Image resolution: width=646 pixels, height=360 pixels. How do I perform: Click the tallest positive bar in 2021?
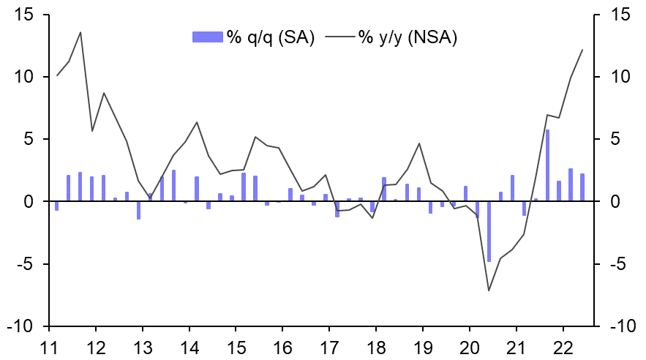(x=547, y=165)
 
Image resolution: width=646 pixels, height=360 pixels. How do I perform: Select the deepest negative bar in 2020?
(x=489, y=230)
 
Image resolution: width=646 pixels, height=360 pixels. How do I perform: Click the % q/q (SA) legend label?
(x=270, y=38)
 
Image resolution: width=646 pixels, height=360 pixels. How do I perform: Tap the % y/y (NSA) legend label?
(x=407, y=38)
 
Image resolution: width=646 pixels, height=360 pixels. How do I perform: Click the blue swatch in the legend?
(x=206, y=38)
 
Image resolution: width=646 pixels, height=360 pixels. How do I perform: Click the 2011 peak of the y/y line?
(x=80, y=32)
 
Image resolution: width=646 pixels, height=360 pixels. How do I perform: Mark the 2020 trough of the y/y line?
(x=489, y=290)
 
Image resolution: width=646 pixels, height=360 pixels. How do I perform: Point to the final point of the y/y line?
(x=582, y=50)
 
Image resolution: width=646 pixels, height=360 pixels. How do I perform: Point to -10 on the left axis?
(x=25, y=326)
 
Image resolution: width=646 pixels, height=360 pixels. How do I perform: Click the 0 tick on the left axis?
(x=34, y=201)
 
